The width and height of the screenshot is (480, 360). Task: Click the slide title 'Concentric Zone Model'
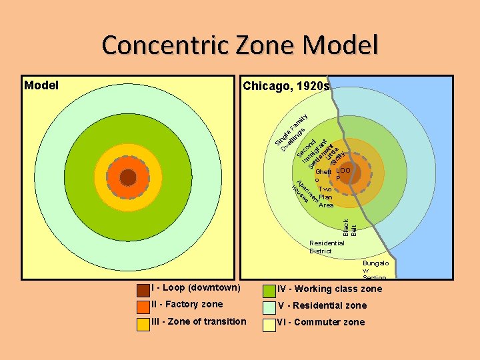pos(240,45)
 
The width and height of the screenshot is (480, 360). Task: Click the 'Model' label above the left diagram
pos(41,85)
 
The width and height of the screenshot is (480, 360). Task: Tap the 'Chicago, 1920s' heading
pos(286,86)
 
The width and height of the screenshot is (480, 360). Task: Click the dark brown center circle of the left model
pos(128,177)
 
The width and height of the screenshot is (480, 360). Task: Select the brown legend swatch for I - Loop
pos(143,290)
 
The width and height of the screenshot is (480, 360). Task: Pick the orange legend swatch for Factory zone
pos(143,307)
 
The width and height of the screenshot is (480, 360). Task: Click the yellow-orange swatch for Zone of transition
pos(143,324)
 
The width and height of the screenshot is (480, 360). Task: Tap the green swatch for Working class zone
pos(269,291)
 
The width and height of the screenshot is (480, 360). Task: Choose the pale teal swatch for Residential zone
pos(269,307)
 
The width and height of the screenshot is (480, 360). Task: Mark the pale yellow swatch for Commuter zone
pos(269,324)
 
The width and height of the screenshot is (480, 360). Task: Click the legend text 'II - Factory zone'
pos(187,305)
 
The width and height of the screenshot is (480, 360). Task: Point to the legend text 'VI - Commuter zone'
pos(321,322)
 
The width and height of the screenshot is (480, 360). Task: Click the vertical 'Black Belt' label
pos(349,227)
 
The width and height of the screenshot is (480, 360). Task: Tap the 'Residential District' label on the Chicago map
pos(327,247)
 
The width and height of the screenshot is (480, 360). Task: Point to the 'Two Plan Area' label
pos(326,197)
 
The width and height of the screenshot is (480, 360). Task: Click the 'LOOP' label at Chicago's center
pos(343,174)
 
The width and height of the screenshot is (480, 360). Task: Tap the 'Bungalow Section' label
pos(374,270)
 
